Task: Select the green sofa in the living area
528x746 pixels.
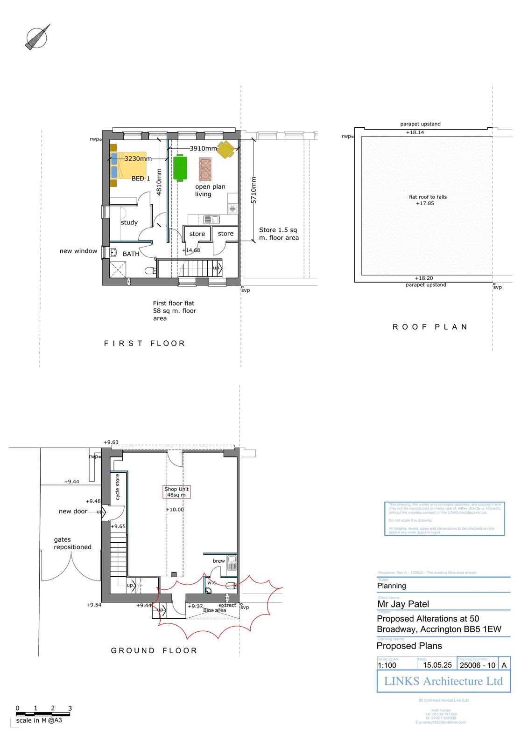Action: click(x=180, y=168)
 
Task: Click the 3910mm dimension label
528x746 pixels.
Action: click(x=203, y=148)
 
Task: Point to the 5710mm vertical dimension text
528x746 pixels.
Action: click(x=254, y=190)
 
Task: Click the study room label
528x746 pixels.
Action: click(x=129, y=222)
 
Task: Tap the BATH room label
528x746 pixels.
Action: click(x=131, y=254)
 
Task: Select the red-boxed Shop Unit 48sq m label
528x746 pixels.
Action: click(x=176, y=492)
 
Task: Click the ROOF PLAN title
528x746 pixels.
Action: click(x=430, y=327)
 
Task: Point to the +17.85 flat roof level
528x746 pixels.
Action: click(x=425, y=203)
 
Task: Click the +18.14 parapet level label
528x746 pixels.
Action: click(x=415, y=132)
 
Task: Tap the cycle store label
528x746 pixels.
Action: click(x=118, y=487)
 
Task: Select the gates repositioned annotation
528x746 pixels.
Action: click(x=72, y=543)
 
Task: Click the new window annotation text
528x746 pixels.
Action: click(x=78, y=251)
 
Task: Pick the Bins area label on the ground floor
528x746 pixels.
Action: click(x=214, y=610)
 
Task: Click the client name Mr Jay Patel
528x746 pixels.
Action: click(x=403, y=604)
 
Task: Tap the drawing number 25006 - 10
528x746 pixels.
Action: click(x=477, y=665)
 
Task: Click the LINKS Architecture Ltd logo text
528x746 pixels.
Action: click(x=443, y=681)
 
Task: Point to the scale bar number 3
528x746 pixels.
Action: click(x=70, y=708)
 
